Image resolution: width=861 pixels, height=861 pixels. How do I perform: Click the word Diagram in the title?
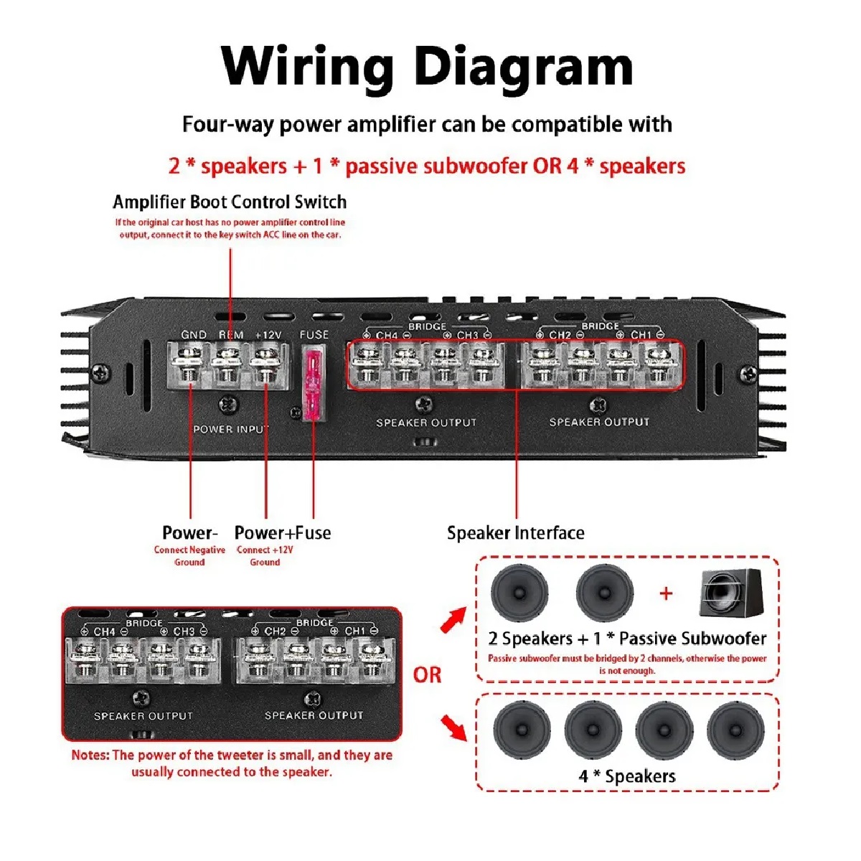[x=524, y=67]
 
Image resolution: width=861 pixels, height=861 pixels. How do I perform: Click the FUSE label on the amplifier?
[x=314, y=334]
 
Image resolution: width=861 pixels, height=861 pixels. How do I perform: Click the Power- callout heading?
[x=189, y=533]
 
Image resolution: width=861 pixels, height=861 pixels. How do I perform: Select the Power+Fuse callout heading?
[x=283, y=533]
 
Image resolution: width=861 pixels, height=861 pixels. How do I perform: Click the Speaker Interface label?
[x=515, y=533]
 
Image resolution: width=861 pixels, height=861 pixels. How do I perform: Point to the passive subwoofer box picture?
[x=732, y=593]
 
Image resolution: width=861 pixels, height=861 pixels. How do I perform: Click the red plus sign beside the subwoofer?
[x=667, y=593]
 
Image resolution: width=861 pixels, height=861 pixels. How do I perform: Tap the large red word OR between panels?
[x=427, y=675]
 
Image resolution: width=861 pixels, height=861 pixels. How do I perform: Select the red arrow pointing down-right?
[x=453, y=727]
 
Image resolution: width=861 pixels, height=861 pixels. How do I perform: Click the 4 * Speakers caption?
[x=627, y=776]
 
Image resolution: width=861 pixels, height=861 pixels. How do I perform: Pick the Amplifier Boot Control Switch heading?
[x=230, y=202]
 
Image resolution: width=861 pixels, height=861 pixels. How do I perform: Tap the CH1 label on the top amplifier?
[x=641, y=335]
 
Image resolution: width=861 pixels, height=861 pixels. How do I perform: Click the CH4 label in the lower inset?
[x=105, y=631]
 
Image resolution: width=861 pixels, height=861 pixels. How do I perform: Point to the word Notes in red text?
[x=90, y=755]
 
